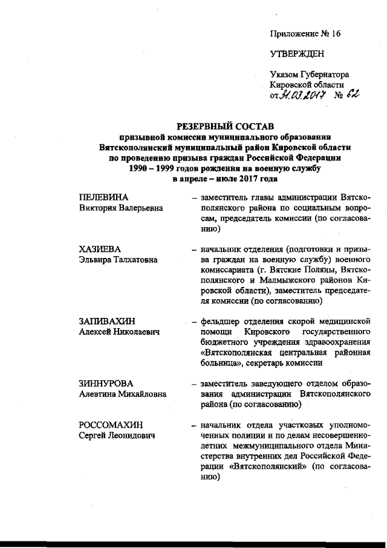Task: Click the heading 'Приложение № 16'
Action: click(305, 34)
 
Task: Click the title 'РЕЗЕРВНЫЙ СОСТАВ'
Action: click(224, 126)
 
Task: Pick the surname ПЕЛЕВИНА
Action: click(104, 199)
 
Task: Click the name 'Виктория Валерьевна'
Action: click(121, 209)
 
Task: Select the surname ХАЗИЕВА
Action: click(101, 249)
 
